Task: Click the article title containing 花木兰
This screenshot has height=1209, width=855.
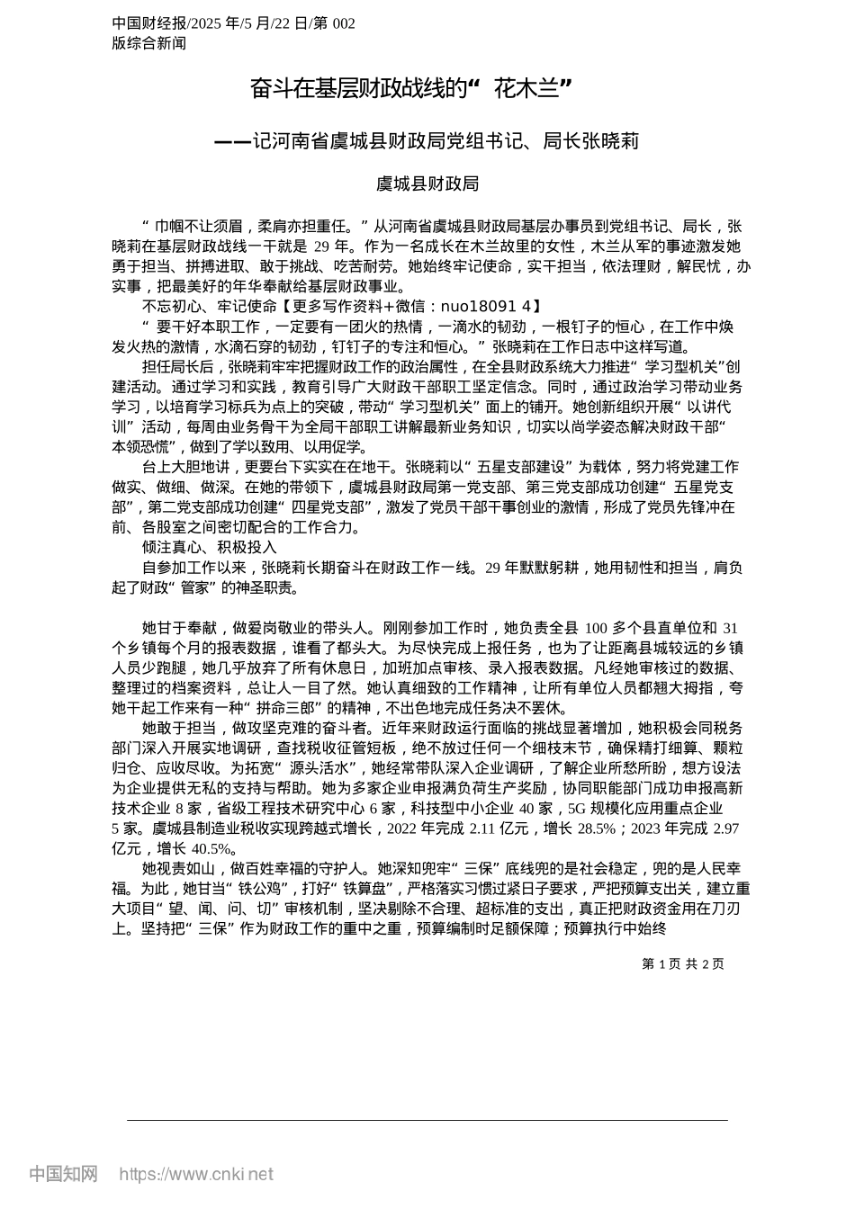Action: click(411, 88)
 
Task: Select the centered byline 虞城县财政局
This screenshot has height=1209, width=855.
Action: click(427, 184)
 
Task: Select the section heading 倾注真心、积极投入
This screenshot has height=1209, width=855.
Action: click(209, 547)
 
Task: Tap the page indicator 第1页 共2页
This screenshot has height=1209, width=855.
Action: click(682, 963)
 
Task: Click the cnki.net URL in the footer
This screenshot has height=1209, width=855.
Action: click(196, 1174)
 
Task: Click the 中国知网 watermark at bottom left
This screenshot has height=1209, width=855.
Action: click(63, 1174)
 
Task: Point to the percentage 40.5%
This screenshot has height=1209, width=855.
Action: click(213, 848)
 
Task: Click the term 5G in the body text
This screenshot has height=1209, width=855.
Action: click(563, 808)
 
